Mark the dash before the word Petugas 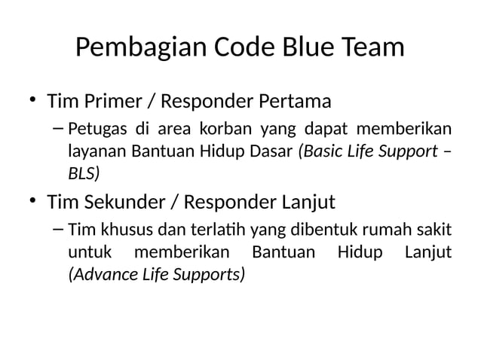[59, 126]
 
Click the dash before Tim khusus [59, 228]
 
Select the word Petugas [93, 127]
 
